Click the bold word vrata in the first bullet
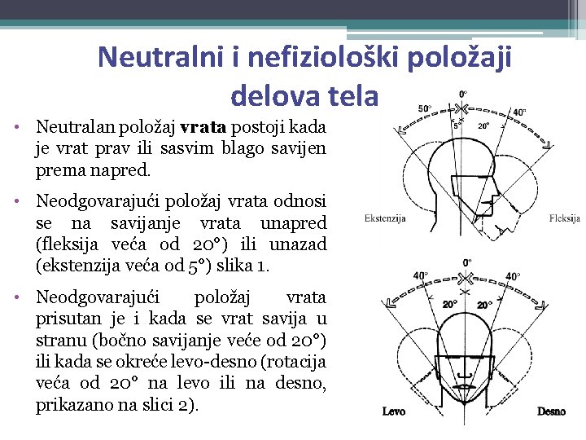click(205, 128)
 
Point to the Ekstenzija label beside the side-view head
click(387, 218)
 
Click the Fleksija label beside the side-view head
click(564, 218)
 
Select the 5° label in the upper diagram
click(457, 125)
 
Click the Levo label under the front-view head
click(394, 411)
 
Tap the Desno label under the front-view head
click(551, 411)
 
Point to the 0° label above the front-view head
click(467, 262)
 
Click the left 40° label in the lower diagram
click(421, 276)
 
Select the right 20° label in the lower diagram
click(484, 304)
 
